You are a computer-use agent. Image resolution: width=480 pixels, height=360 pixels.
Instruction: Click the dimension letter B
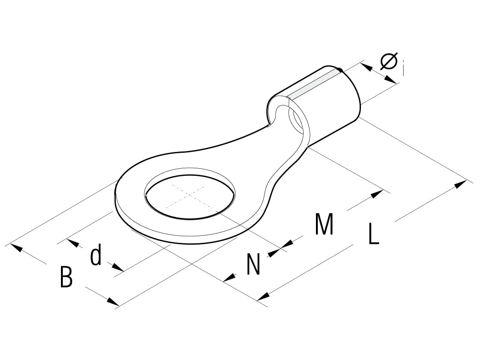tap(67, 277)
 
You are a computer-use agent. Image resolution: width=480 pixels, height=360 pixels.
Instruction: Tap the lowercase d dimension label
tap(96, 256)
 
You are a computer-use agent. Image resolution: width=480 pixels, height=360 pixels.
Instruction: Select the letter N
tap(253, 264)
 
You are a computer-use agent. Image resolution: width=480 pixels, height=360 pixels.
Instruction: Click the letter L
tap(373, 234)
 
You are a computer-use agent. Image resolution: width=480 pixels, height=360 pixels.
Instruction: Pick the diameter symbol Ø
tap(389, 61)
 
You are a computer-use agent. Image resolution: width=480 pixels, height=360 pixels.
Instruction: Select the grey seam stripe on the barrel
tap(313, 85)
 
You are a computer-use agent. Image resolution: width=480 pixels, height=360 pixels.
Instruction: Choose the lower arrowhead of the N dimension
tap(229, 278)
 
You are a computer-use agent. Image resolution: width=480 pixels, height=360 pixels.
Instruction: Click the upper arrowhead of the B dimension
tap(17, 247)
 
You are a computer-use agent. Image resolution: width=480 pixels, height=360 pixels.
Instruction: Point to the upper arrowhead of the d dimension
tap(72, 243)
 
